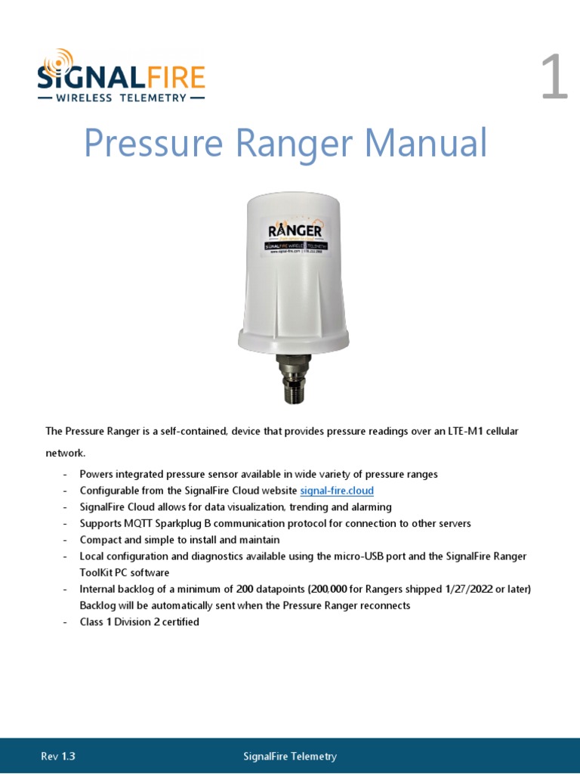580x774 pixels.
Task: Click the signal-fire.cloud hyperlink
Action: (337, 491)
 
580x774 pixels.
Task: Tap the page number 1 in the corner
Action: (554, 79)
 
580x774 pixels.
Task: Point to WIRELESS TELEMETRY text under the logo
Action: (121, 98)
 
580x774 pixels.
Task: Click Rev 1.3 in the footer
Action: (58, 756)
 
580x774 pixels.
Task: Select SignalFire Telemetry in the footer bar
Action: (290, 756)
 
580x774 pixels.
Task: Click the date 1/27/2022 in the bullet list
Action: (440, 589)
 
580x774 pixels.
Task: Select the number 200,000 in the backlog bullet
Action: (320, 589)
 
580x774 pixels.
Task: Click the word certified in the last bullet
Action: (179, 622)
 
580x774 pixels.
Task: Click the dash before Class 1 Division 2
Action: (66, 622)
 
